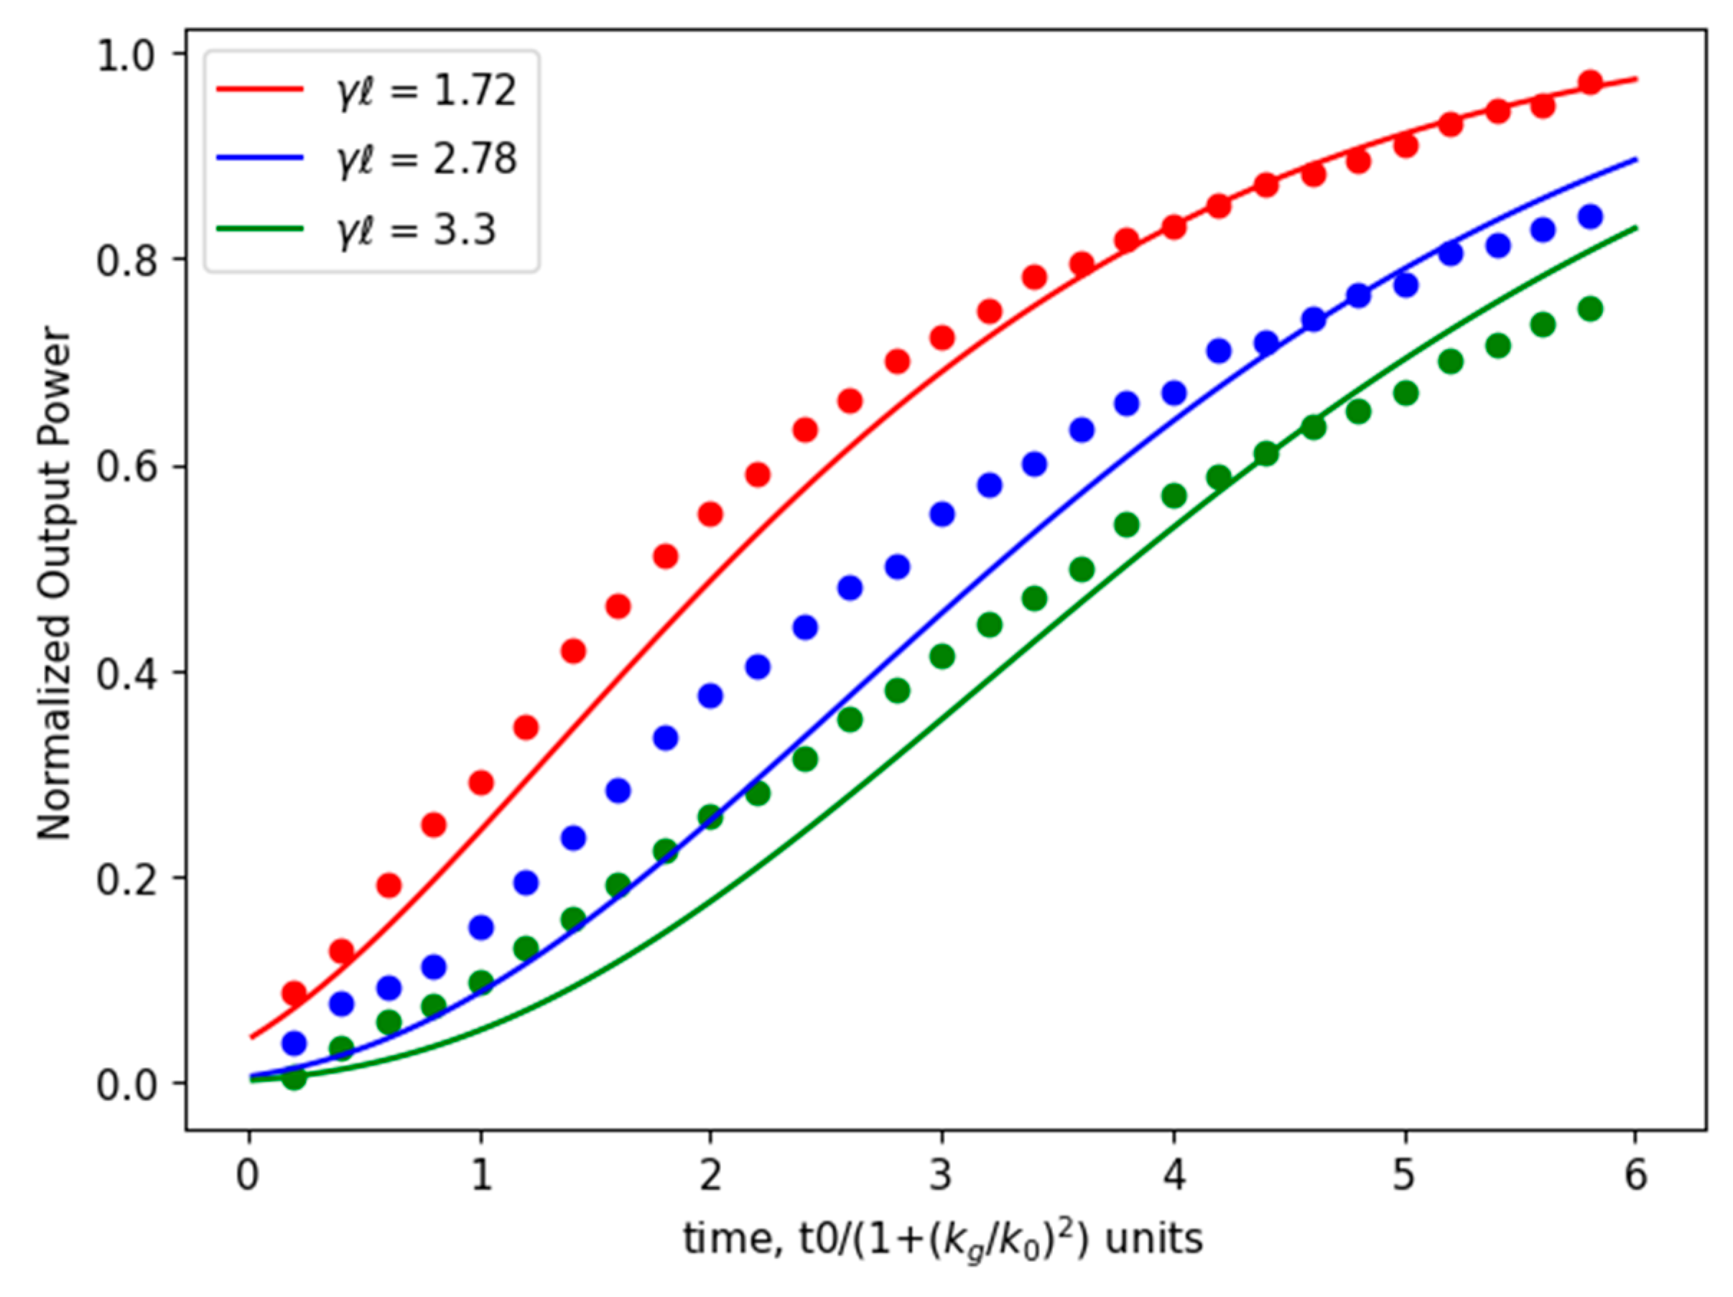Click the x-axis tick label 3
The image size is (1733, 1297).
pos(942,1176)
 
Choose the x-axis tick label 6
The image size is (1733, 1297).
pos(1636,1176)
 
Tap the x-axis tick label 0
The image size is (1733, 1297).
pos(248,1176)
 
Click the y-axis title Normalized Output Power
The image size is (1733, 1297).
pos(55,583)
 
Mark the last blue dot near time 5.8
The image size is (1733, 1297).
pos(1590,217)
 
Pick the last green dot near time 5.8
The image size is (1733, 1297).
pos(1590,309)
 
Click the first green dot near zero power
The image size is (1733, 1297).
pos(294,1079)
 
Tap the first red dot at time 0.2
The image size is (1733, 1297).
pos(294,993)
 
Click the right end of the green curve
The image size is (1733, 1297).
pos(1636,228)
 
